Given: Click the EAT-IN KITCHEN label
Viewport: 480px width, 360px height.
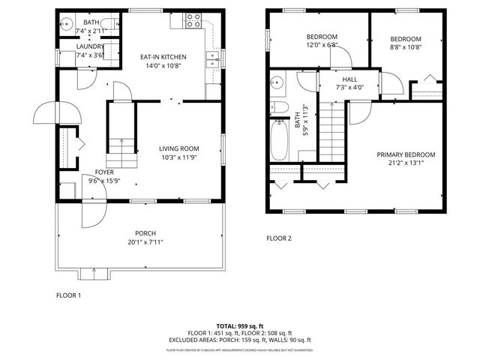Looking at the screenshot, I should (x=163, y=57).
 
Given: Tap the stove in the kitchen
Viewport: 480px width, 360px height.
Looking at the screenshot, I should (x=191, y=20).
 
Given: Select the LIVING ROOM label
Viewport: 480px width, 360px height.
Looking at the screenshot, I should (x=178, y=148).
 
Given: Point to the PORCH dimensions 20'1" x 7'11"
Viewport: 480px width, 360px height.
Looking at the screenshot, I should (x=145, y=241).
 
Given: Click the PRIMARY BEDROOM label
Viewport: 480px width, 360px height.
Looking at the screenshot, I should (x=406, y=154).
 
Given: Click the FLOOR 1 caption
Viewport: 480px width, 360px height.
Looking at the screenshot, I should (x=68, y=295).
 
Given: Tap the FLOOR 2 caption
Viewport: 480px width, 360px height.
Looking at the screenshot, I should (x=279, y=239).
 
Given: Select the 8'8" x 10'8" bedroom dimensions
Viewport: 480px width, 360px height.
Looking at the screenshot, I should (x=406, y=47).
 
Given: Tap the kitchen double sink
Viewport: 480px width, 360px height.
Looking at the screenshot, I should (x=214, y=59).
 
